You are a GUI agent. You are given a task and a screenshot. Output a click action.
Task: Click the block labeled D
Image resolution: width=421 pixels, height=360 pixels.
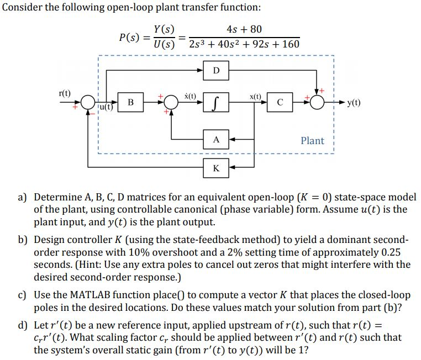click(x=216, y=70)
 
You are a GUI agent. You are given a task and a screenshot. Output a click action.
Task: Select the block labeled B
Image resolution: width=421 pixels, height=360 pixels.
click(x=130, y=102)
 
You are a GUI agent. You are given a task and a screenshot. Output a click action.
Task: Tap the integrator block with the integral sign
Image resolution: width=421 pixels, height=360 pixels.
click(x=216, y=102)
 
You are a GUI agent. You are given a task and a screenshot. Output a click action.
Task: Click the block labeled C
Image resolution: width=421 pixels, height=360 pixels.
click(x=280, y=102)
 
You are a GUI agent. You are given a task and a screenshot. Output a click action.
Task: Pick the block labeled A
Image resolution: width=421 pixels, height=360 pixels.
click(x=216, y=140)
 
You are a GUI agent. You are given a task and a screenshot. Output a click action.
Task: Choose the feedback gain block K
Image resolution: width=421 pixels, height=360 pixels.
click(x=216, y=167)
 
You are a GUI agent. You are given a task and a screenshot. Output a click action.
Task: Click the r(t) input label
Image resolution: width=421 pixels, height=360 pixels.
click(x=65, y=93)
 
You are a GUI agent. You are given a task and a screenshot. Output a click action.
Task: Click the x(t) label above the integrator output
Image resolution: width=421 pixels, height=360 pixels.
click(x=255, y=96)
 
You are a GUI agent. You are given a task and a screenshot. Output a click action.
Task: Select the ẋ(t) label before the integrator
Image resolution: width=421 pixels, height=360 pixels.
click(x=190, y=96)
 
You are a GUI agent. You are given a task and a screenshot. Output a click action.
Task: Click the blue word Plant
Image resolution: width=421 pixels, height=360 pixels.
click(x=312, y=140)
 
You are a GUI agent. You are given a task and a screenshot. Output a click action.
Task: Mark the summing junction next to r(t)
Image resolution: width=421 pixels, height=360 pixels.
click(x=87, y=103)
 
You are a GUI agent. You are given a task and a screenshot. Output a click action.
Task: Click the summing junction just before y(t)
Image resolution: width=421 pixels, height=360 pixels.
click(x=318, y=102)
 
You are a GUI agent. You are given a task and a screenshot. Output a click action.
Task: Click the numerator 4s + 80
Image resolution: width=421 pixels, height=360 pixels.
click(x=244, y=29)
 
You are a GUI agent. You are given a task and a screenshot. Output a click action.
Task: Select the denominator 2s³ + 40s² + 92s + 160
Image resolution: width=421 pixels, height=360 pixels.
click(x=244, y=44)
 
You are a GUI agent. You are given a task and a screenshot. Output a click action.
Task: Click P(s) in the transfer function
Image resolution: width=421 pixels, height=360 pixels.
click(x=130, y=37)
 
